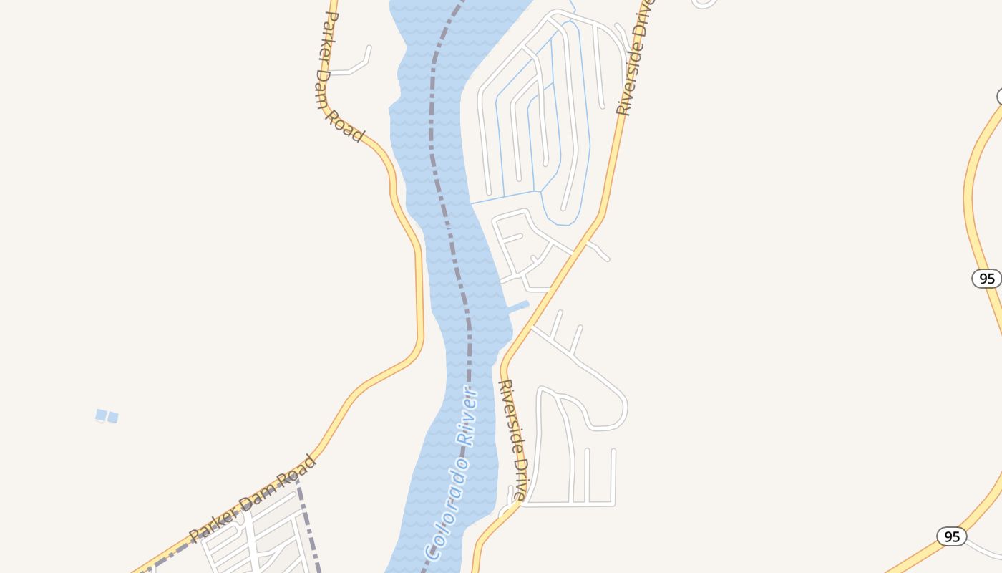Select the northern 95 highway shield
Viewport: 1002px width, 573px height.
986,279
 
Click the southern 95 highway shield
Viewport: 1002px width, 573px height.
951,536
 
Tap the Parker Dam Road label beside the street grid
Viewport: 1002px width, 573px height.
252,499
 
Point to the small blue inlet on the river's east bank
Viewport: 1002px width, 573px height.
517,308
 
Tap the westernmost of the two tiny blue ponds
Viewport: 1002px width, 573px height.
101,415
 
